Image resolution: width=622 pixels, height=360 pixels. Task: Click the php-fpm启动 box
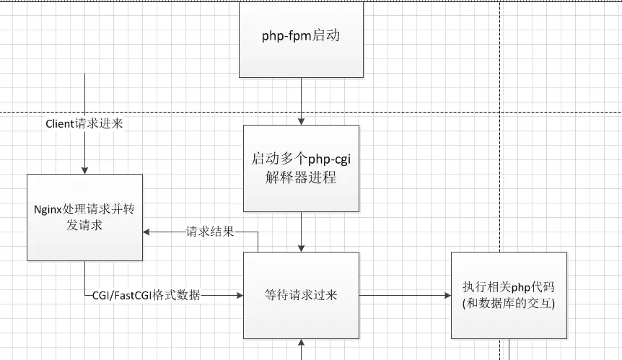300,38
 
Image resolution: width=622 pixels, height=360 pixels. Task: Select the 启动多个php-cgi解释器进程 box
301,168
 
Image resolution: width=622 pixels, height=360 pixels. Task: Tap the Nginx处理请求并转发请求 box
84,216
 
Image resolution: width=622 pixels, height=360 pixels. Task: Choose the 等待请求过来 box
301,295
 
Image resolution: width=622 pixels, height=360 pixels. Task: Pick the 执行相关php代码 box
509,295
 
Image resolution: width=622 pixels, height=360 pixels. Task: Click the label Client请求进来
84,124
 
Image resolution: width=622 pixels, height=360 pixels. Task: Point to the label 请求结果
210,232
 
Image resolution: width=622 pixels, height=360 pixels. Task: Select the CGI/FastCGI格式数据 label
146,295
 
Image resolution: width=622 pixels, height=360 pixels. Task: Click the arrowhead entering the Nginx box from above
84,170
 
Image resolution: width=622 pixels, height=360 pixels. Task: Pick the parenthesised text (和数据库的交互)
509,304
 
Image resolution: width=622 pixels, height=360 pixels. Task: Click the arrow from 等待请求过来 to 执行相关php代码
404,295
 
